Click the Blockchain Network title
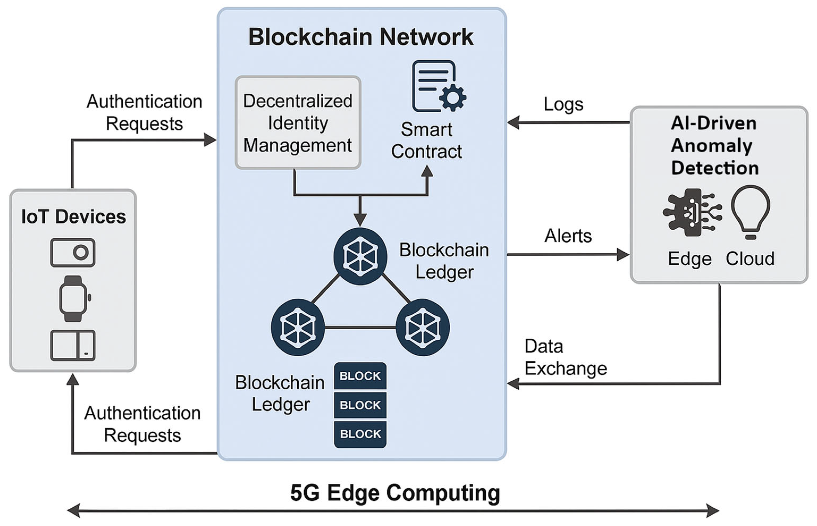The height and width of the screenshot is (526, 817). click(361, 37)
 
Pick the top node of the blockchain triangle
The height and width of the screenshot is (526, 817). click(360, 256)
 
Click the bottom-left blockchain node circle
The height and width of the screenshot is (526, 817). click(298, 327)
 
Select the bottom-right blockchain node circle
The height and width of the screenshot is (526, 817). click(423, 327)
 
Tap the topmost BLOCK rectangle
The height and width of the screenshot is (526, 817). click(360, 376)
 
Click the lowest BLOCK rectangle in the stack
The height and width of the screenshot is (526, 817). click(360, 434)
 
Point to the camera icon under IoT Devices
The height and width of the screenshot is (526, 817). click(73, 253)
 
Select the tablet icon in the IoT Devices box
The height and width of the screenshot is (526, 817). click(73, 345)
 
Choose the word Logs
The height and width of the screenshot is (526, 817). click(563, 104)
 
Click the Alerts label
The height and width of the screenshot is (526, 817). click(568, 236)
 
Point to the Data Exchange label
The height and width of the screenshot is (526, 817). click(566, 357)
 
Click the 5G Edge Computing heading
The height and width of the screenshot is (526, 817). click(395, 493)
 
